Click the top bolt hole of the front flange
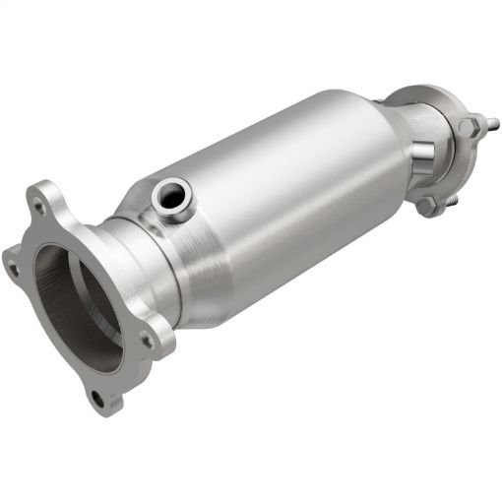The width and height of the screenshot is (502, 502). coord(40,209)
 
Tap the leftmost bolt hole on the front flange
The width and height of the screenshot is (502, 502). coord(13,264)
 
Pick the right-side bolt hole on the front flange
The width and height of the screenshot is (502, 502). coord(147,340)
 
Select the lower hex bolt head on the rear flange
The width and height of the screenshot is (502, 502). coord(429,206)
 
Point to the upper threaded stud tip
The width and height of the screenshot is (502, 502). coord(492,124)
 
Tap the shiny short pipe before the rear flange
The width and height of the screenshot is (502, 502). coord(418,157)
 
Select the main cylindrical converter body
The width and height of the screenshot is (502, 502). coord(285,197)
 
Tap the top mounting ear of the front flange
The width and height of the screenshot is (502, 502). coord(44,197)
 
